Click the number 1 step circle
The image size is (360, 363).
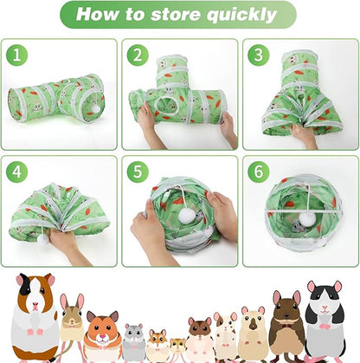[16, 55]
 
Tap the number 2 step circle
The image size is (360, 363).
[137, 55]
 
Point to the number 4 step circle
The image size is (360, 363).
[16, 172]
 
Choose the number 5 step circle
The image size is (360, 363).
[137, 172]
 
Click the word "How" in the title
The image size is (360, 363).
[99, 15]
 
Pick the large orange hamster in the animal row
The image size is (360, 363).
[103, 336]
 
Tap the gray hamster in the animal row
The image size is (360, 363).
[134, 342]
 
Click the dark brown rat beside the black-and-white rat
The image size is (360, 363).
[286, 328]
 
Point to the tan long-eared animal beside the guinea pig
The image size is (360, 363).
[73, 329]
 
